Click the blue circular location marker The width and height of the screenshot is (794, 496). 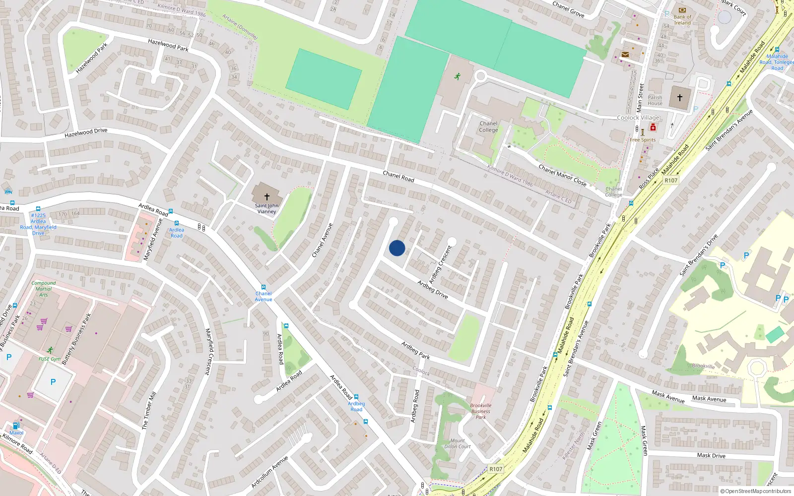[397, 248]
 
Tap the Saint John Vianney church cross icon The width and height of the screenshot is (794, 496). [267, 197]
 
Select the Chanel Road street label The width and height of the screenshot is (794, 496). [398, 176]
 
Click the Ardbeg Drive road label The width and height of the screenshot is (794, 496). [433, 289]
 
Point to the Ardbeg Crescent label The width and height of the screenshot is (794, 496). [441, 264]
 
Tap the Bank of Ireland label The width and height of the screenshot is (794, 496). [682, 20]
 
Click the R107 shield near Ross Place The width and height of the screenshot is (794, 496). [671, 181]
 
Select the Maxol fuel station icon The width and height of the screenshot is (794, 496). [16, 426]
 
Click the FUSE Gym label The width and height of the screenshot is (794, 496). [50, 359]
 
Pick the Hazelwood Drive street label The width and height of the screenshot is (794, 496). [86, 132]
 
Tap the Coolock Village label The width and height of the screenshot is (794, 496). [638, 118]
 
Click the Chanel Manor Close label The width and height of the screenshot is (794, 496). [562, 175]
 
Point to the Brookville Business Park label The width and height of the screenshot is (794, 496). [480, 411]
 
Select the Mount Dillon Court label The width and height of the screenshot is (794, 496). [458, 443]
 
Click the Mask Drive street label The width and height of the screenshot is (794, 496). [711, 455]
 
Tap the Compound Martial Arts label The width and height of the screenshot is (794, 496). [44, 289]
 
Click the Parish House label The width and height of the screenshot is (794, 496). [655, 100]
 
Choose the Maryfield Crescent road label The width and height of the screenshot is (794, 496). [209, 351]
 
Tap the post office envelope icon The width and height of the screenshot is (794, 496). [625, 55]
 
